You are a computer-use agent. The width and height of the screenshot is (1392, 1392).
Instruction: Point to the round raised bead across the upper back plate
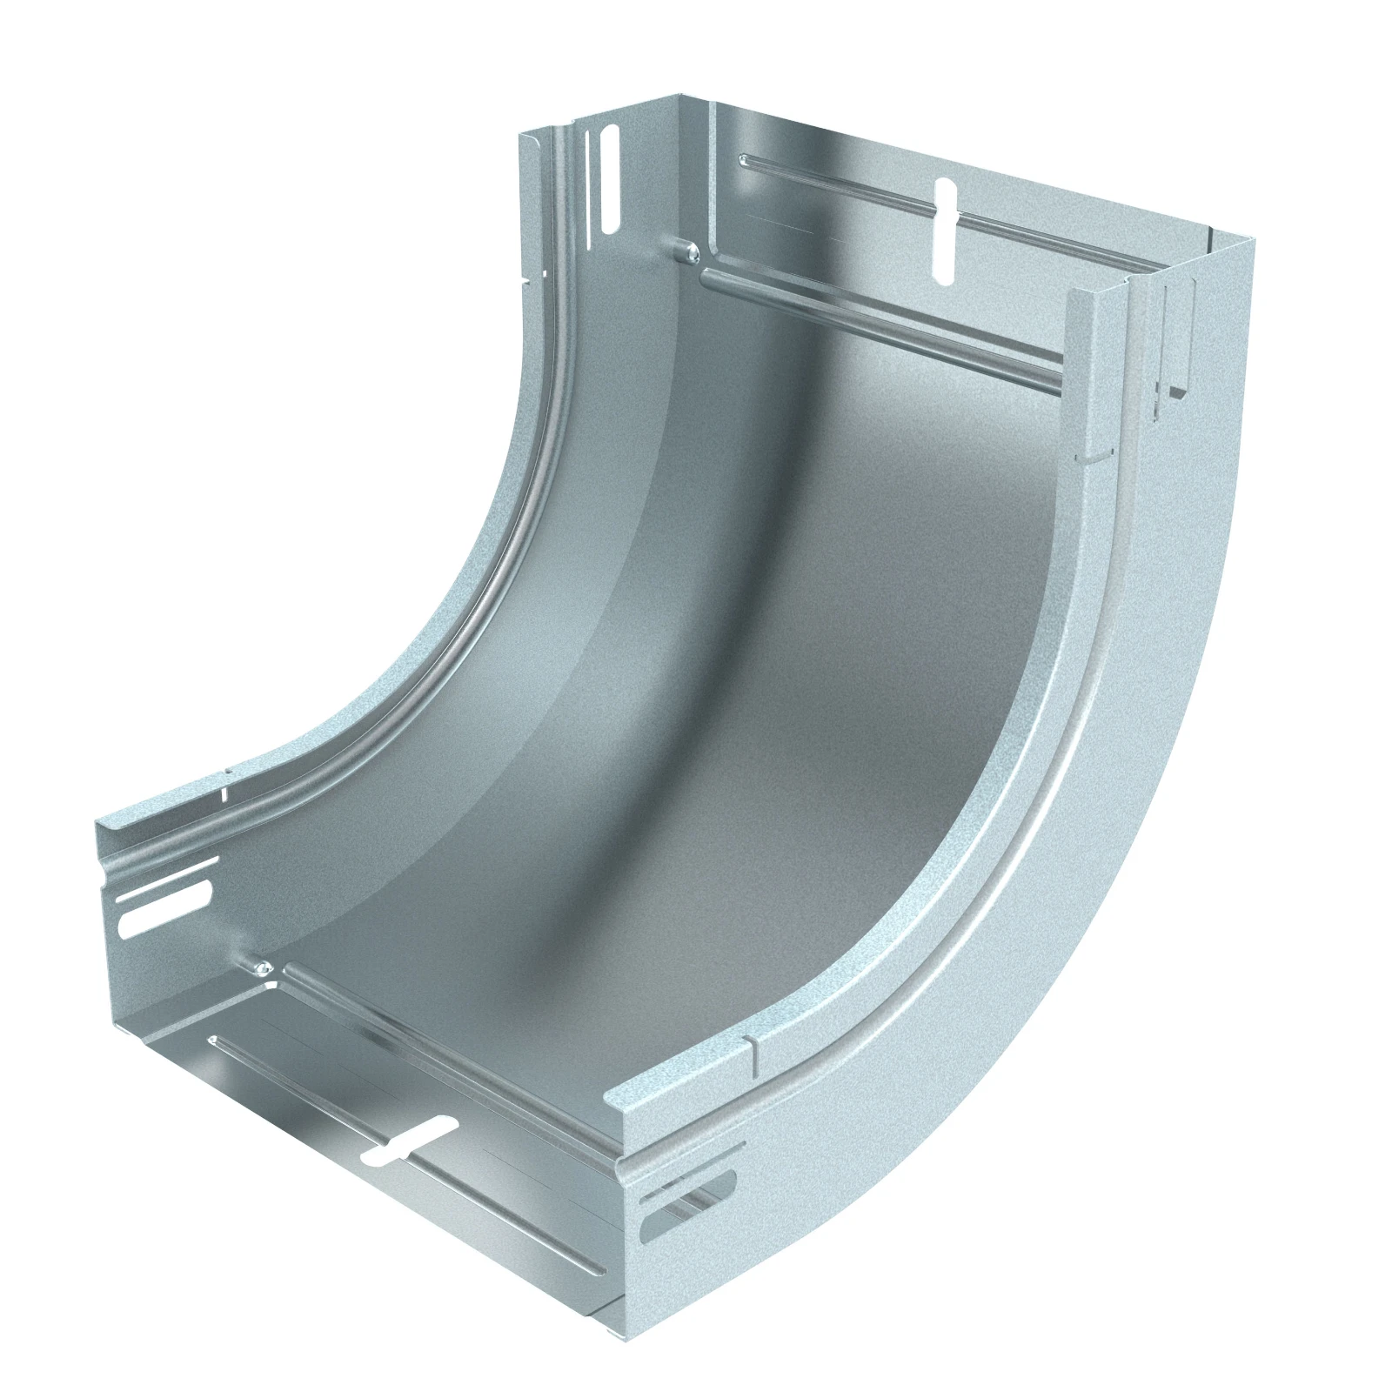coord(879,326)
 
